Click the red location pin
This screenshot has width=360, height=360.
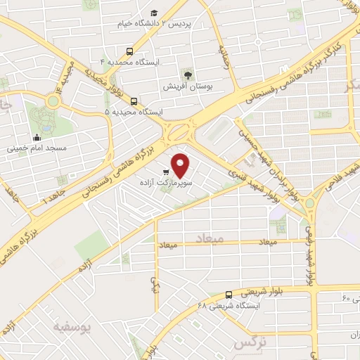tap(181, 165)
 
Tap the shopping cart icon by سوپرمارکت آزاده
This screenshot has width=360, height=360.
tap(166, 172)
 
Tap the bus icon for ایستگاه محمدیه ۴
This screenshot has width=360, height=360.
tap(129, 51)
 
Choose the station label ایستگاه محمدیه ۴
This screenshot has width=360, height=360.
tap(130, 62)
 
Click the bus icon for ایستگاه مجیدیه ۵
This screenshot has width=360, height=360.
tap(134, 101)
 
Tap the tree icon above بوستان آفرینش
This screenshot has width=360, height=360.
tap(187, 75)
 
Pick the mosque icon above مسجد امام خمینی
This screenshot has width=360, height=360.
tap(37, 138)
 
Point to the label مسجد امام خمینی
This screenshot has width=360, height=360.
tap(37, 148)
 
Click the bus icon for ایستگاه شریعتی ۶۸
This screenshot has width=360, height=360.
tap(229, 295)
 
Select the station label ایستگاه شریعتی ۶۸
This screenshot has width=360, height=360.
tap(229, 306)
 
